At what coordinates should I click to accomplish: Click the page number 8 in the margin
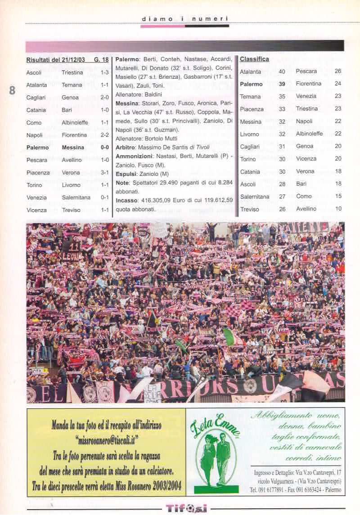(x=12, y=90)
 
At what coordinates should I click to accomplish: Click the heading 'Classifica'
(x=254, y=59)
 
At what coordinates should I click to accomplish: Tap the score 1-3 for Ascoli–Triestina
(x=105, y=72)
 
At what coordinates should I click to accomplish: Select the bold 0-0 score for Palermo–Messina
(x=104, y=148)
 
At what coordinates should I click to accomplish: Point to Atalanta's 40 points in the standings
(x=282, y=72)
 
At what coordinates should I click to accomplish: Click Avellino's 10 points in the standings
(x=338, y=209)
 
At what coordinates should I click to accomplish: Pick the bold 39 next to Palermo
(x=282, y=84)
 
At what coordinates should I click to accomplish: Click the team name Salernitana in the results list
(x=76, y=197)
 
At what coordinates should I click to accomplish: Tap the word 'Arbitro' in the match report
(x=126, y=147)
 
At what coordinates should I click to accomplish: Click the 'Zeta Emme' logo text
(x=215, y=426)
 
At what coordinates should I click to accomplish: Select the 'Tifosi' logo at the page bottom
(x=186, y=508)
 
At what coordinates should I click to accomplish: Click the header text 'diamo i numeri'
(x=184, y=18)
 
